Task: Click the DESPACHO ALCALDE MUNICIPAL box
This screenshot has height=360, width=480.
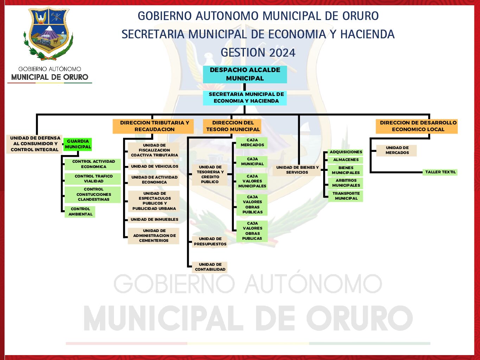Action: (x=245, y=74)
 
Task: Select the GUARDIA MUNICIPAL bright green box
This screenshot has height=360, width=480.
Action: (x=78, y=144)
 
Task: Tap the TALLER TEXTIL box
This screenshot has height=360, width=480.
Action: (x=440, y=172)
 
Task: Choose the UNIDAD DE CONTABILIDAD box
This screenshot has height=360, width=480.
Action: (x=210, y=267)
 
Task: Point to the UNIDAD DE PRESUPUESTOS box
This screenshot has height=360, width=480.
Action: (x=210, y=242)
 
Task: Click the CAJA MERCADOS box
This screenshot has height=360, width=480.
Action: (x=252, y=142)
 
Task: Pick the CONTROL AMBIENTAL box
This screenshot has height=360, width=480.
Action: (x=80, y=212)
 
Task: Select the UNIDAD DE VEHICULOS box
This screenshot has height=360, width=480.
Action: (x=154, y=167)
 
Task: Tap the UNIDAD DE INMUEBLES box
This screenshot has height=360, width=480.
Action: (x=154, y=219)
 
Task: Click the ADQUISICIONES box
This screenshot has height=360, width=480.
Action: (x=345, y=152)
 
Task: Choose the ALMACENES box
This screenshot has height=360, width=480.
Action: (x=345, y=160)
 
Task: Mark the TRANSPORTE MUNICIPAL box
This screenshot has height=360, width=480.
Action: (x=345, y=196)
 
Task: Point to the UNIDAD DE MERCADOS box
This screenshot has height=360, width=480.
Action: (x=396, y=150)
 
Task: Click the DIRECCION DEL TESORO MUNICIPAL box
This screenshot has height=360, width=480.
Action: (x=232, y=126)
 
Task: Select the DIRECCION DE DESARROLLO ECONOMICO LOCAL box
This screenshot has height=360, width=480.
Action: (x=417, y=126)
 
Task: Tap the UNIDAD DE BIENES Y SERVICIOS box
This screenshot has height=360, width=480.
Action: (x=297, y=170)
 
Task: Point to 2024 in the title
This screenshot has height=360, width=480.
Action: (x=282, y=53)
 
